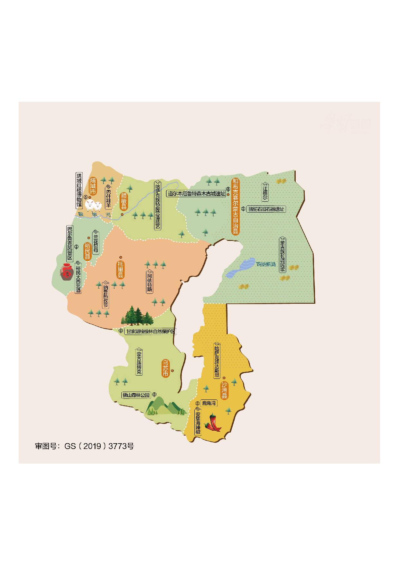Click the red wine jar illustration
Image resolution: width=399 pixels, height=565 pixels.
(67, 272)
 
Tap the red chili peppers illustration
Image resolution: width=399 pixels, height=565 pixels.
(213, 423)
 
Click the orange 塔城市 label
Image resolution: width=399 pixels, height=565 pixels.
(93, 186)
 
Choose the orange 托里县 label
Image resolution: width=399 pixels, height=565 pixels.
(120, 270)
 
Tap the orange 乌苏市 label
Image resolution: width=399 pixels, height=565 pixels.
(165, 368)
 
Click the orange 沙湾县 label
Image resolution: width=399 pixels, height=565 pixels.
(224, 390)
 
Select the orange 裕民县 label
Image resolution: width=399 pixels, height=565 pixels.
(87, 251)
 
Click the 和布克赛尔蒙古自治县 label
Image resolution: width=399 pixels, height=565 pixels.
(236, 206)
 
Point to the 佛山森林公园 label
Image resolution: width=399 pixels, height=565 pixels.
(136, 395)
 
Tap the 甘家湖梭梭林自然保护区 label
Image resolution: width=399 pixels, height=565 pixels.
(150, 331)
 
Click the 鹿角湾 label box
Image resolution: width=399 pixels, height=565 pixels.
(209, 403)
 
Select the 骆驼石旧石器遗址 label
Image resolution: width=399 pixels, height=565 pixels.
(266, 209)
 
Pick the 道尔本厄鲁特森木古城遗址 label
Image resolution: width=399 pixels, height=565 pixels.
(196, 194)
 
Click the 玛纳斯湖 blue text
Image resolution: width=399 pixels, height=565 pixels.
(266, 264)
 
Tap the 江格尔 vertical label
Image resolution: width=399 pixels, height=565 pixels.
(265, 193)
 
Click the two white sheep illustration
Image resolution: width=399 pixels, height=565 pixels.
(93, 205)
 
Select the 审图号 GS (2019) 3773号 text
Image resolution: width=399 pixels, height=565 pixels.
(84, 446)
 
